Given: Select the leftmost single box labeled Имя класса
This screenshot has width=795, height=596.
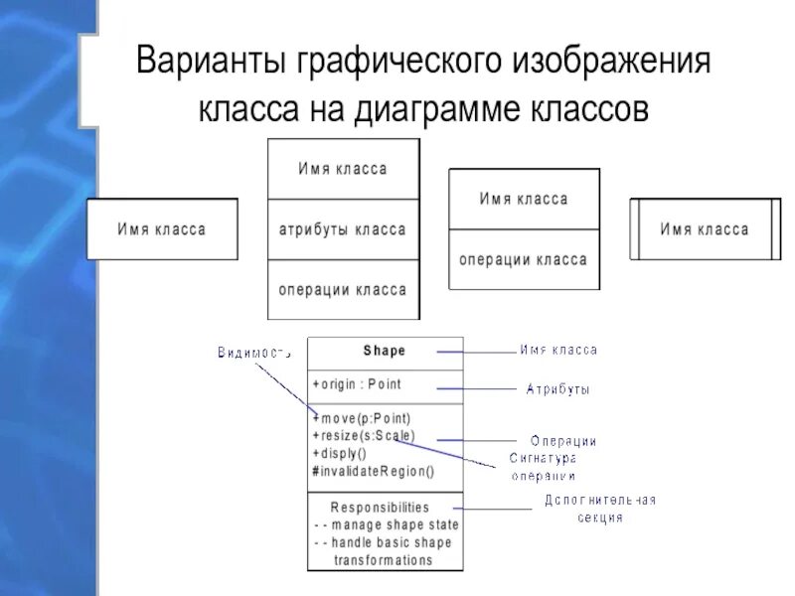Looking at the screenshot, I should [162, 229].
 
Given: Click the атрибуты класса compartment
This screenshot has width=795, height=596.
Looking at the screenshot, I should [343, 229].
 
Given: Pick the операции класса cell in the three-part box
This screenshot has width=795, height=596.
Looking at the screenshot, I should [343, 290].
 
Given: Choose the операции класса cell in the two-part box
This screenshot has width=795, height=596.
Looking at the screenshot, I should [524, 259].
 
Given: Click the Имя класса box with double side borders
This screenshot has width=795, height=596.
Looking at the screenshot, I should [705, 229].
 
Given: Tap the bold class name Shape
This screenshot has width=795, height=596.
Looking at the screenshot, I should [385, 351].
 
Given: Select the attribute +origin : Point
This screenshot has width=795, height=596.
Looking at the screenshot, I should [357, 384].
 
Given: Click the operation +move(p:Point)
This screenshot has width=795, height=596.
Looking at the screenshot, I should [361, 418].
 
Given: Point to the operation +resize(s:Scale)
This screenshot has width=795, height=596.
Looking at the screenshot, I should [364, 435].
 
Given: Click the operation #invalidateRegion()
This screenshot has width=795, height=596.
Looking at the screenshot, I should [373, 471].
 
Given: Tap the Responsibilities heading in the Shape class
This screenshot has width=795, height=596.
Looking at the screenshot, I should [380, 507].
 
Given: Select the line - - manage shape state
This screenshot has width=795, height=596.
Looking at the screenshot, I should [386, 524].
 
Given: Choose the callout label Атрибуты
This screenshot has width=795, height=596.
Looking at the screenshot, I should [557, 390].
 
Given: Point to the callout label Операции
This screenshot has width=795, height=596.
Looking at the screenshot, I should [562, 441].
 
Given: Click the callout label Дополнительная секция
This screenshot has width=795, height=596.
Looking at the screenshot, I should [599, 509].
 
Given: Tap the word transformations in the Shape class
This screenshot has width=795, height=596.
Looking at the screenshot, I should [384, 559].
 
